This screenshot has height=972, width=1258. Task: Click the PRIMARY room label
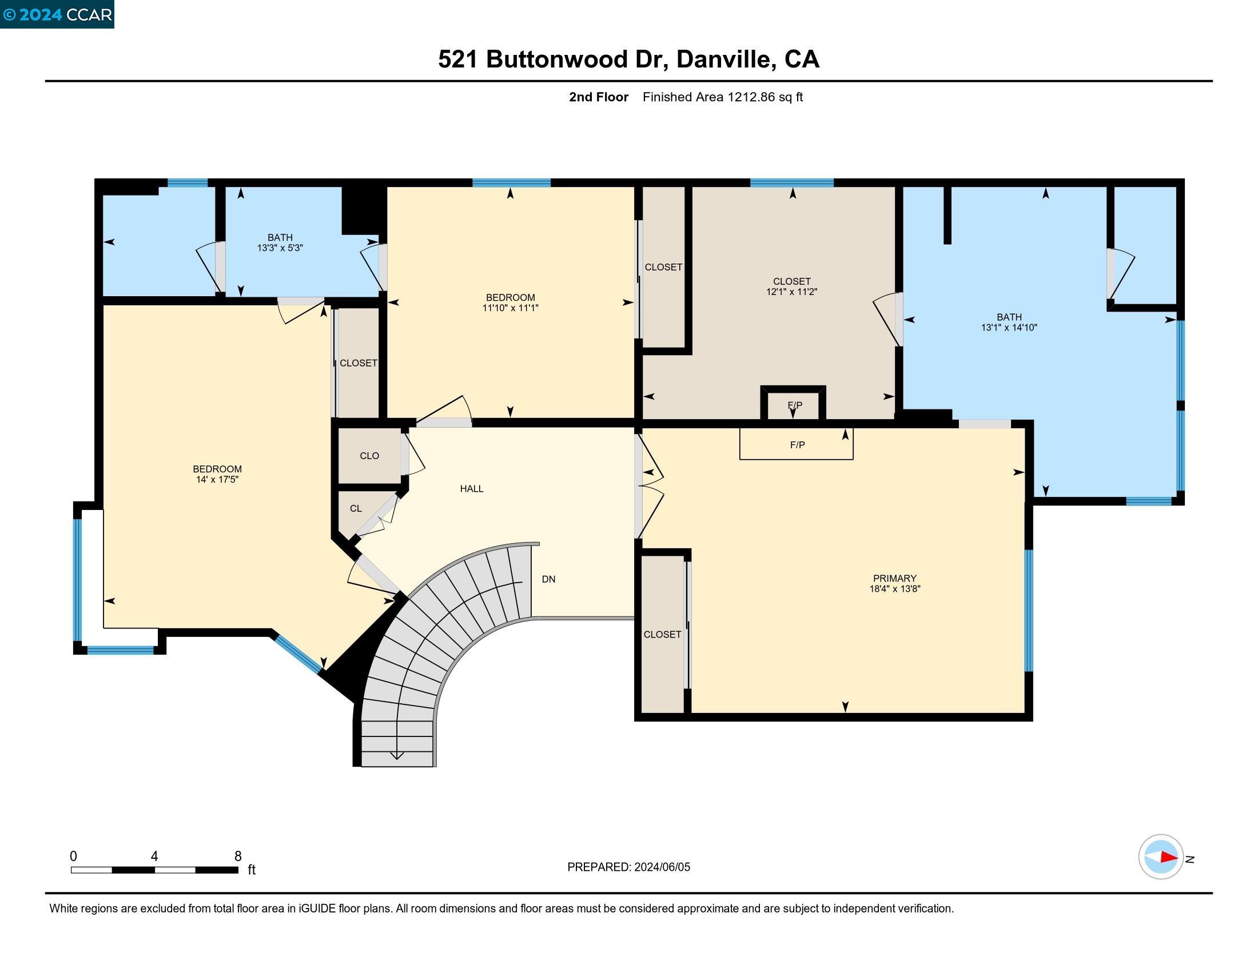(894, 578)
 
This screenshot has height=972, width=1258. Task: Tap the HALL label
(471, 489)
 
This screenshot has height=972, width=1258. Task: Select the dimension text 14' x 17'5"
(217, 479)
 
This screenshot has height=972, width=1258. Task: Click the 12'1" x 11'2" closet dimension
(791, 292)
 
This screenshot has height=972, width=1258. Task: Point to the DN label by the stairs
(548, 579)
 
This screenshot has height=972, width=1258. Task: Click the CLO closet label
(369, 456)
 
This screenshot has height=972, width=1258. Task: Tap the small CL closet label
(356, 508)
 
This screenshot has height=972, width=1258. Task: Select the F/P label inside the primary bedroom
(797, 445)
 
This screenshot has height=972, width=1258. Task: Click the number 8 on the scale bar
(238, 857)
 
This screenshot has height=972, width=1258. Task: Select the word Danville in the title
(723, 59)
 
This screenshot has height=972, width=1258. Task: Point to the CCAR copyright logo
(57, 14)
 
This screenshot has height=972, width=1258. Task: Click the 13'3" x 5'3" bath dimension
(280, 248)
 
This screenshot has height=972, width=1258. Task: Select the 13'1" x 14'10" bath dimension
(1009, 327)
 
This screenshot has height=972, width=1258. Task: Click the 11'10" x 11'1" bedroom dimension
(509, 308)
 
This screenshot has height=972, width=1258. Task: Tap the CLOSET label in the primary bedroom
(662, 635)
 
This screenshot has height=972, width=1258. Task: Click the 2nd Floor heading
(599, 97)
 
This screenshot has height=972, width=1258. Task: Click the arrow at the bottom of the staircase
(397, 755)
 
